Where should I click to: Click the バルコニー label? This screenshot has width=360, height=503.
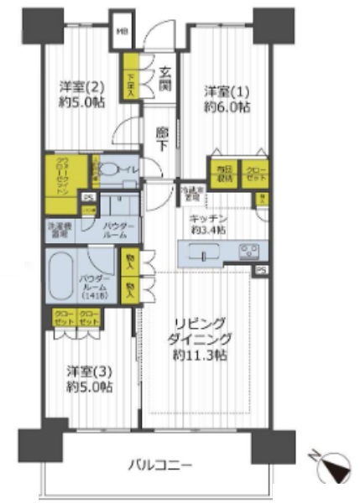pyautogui.click(x=161, y=464)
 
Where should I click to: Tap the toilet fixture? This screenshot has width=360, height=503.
pyautogui.click(x=108, y=168)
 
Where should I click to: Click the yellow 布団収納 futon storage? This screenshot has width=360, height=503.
pyautogui.click(x=222, y=174)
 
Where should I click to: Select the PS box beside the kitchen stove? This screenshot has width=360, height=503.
pyautogui.click(x=263, y=270)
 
